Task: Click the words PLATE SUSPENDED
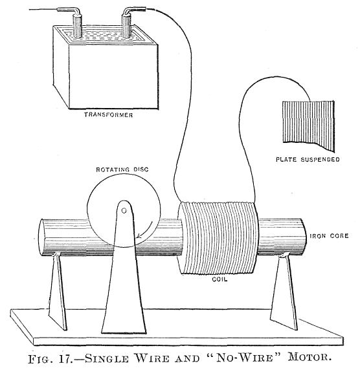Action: (308, 158)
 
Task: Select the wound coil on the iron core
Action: (216, 237)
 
